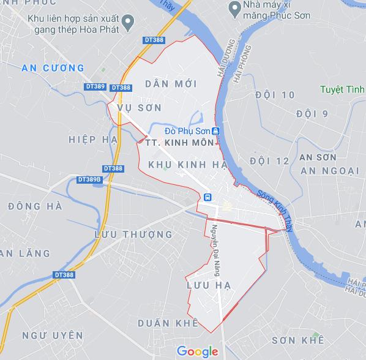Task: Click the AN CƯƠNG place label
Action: click(52, 67)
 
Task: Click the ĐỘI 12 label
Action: click(269, 160)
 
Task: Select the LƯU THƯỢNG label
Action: click(134, 234)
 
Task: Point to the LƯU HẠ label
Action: click(204, 285)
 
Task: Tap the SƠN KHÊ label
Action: click(297, 340)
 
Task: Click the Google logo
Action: click(197, 351)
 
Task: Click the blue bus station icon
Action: click(208, 197)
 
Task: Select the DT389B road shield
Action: click(89, 179)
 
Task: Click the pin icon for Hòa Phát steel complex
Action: click(128, 24)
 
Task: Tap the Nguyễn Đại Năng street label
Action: click(216, 245)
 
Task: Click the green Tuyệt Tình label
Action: click(342, 90)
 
